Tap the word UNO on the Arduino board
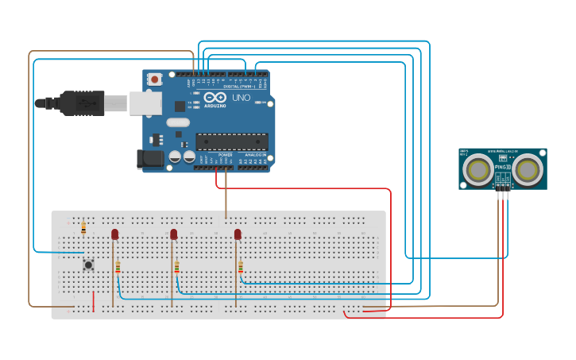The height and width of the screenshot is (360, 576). click(x=241, y=98)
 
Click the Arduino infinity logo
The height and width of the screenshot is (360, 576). click(x=215, y=97)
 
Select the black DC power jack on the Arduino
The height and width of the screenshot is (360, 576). click(x=150, y=159)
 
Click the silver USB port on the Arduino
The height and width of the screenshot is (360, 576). click(x=145, y=103)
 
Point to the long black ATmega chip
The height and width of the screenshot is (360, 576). click(x=231, y=141)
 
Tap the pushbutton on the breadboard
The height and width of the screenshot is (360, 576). click(x=88, y=265)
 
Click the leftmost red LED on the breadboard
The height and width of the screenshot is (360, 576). click(x=114, y=234)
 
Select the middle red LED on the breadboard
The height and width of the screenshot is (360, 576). click(x=173, y=234)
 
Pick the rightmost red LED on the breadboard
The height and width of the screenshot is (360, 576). click(x=238, y=234)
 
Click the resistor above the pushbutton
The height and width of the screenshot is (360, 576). click(x=83, y=227)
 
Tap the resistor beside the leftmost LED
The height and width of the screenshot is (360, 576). click(x=118, y=267)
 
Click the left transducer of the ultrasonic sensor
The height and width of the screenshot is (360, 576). click(x=478, y=168)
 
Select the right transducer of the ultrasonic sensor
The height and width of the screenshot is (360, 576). click(x=528, y=168)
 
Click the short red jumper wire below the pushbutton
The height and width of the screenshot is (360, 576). click(x=94, y=301)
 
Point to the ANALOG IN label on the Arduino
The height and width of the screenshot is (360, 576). click(x=255, y=154)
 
